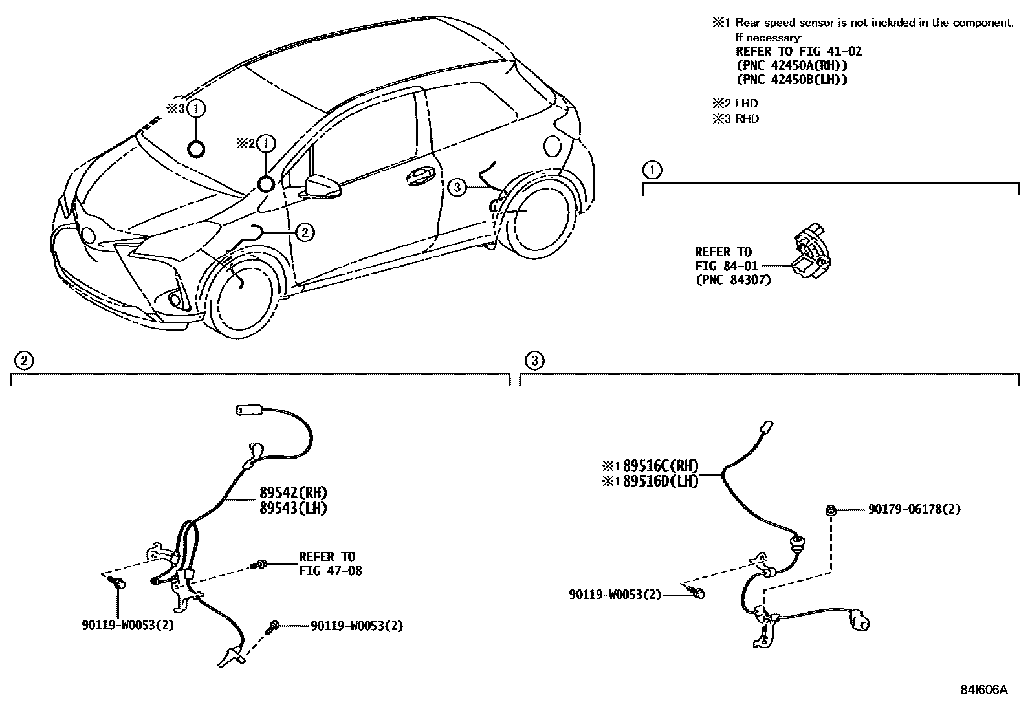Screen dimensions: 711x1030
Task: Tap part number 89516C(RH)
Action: click(660, 466)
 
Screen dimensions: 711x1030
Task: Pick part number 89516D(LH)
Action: click(660, 481)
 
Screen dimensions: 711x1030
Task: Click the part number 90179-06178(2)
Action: click(914, 509)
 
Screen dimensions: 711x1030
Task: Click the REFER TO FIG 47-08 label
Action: click(330, 563)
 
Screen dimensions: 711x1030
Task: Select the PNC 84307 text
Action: click(733, 280)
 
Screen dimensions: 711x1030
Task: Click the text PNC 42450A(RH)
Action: click(792, 65)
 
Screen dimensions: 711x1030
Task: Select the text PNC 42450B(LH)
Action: click(792, 80)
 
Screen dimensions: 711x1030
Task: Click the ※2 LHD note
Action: click(735, 104)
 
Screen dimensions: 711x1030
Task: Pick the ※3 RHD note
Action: click(735, 119)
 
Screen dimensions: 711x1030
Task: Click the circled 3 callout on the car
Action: click(457, 188)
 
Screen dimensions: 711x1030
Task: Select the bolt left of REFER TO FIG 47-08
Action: click(260, 565)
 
